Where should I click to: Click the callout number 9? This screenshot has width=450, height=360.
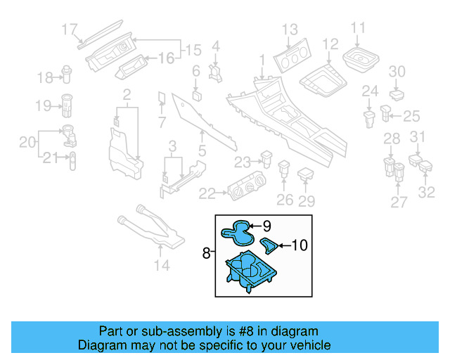point(267,226)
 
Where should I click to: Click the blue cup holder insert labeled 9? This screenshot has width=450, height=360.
point(237,231)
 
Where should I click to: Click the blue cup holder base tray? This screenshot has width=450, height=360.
point(250,271)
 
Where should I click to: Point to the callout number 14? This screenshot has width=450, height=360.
point(162,265)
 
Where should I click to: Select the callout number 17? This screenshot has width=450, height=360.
point(70,29)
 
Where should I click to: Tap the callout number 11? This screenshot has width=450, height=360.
point(359,28)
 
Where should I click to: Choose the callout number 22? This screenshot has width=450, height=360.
point(207,193)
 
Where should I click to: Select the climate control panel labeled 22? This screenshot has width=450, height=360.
point(247,190)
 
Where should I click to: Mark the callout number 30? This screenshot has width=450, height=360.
point(397,71)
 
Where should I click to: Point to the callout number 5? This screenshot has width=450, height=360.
point(202,149)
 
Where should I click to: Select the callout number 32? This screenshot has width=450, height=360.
point(427,191)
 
